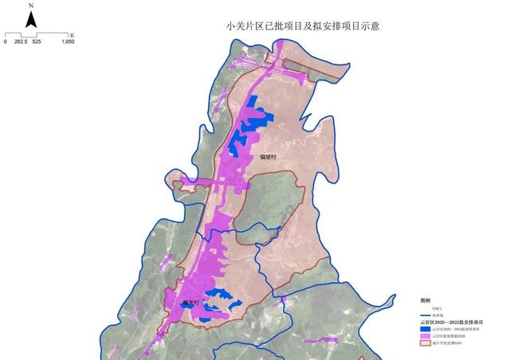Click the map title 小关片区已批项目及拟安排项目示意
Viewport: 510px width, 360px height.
pos(303,26)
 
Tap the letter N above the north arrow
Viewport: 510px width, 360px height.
pos(30,5)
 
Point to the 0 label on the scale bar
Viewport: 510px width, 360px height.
pos(6,42)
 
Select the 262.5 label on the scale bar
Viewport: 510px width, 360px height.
pos(21,42)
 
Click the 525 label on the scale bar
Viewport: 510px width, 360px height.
pos(37,42)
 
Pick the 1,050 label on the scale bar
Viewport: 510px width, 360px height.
pos(68,42)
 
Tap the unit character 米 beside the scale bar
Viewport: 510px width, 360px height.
pos(71,35)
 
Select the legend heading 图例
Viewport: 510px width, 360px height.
pos(425,300)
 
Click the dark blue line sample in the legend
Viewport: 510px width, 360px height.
pos(425,315)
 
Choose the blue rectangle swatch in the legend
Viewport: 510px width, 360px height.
pos(425,328)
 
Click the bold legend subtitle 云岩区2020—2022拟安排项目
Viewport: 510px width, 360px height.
pos(451,322)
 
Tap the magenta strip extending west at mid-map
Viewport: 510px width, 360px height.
pos(195,184)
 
